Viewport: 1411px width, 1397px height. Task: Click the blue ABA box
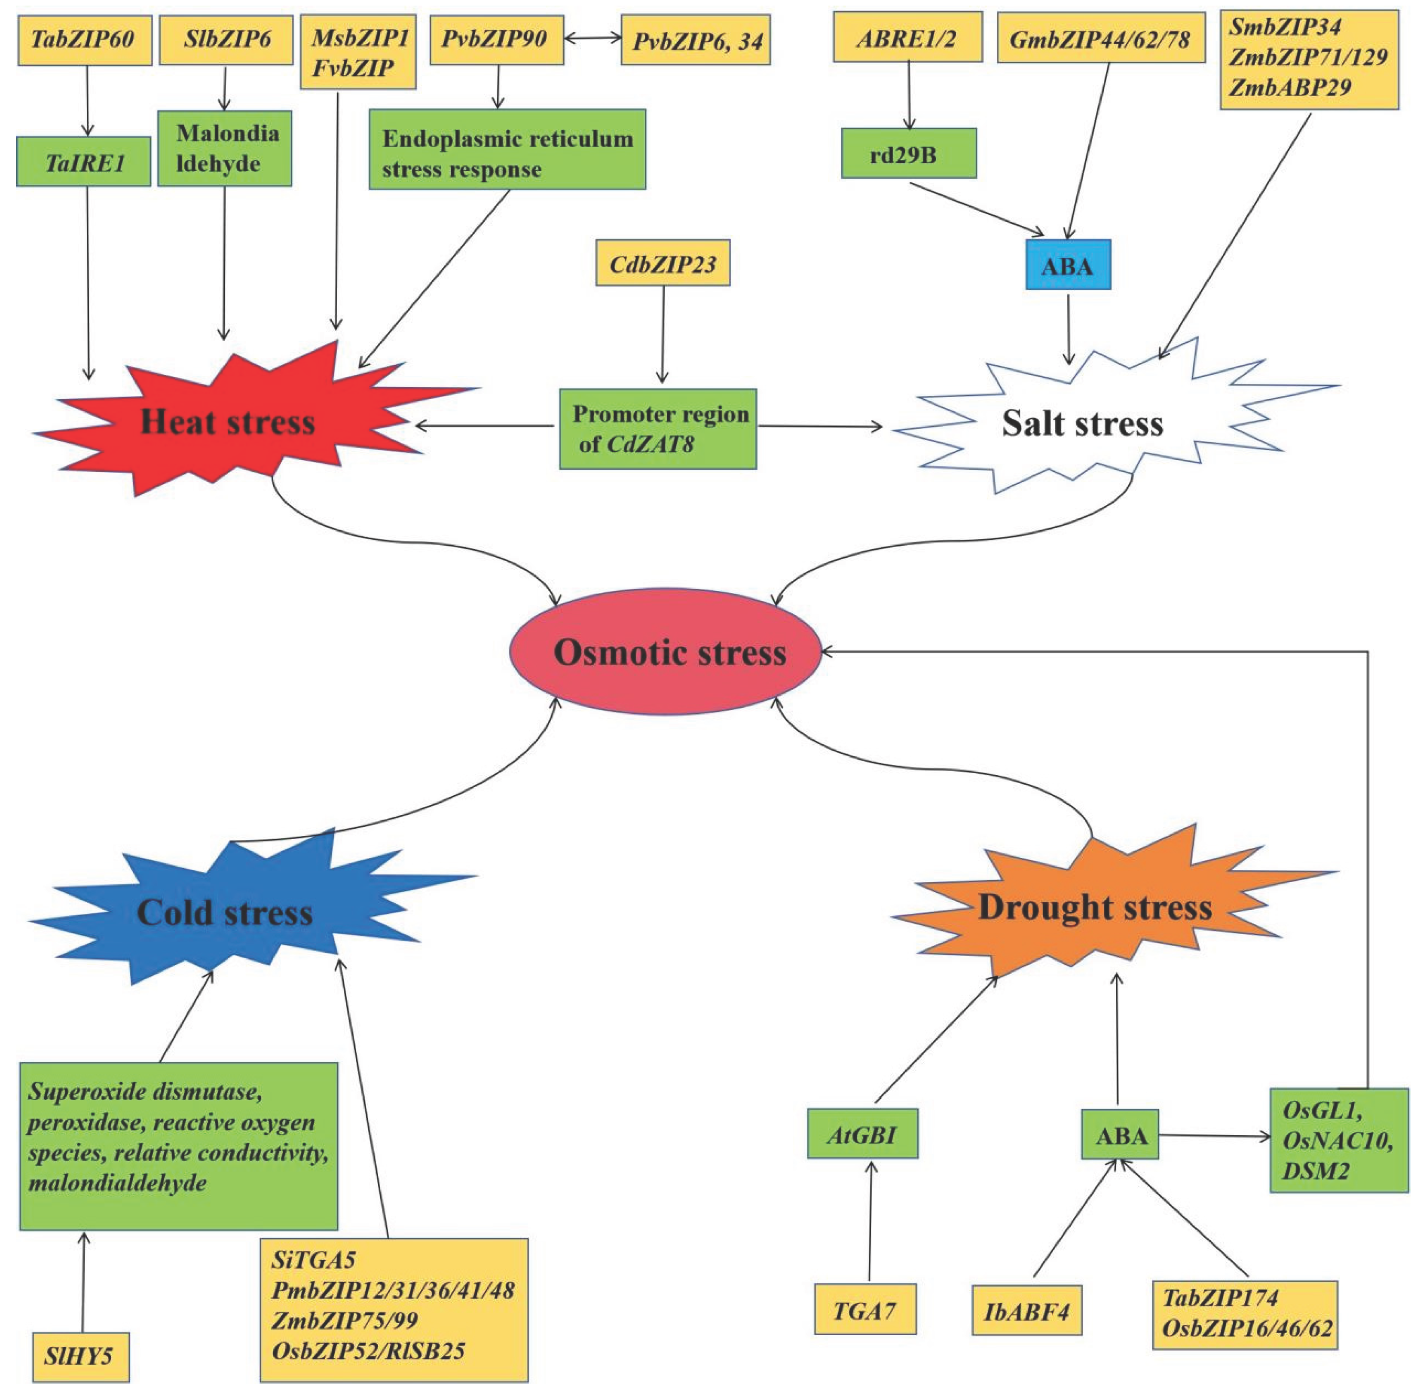pos(1067,266)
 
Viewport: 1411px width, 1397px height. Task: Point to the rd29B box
pos(909,153)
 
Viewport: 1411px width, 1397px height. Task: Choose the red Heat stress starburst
pos(228,422)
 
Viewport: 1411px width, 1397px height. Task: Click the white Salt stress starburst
pos(1082,424)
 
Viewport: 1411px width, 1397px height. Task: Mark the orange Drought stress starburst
pos(1094,908)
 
